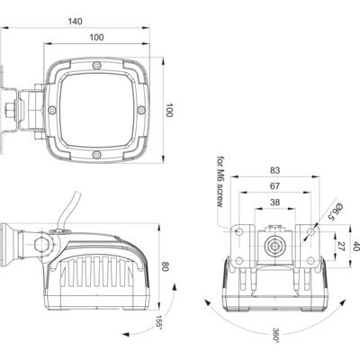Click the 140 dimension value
(x=75, y=22)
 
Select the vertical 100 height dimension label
(x=169, y=110)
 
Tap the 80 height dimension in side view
(x=165, y=266)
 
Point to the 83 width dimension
(x=274, y=170)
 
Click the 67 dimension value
(x=274, y=186)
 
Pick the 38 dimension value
(x=274, y=202)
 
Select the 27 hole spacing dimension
(x=341, y=247)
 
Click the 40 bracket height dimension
(x=356, y=247)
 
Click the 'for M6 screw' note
(x=220, y=182)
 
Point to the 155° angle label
(x=159, y=322)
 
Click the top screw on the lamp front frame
(x=96, y=66)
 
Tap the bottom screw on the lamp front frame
(x=96, y=155)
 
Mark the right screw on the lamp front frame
(x=141, y=110)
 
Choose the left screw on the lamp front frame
(x=52, y=110)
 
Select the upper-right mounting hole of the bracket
(x=311, y=231)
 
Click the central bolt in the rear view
(x=274, y=246)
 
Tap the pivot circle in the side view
(x=42, y=245)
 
